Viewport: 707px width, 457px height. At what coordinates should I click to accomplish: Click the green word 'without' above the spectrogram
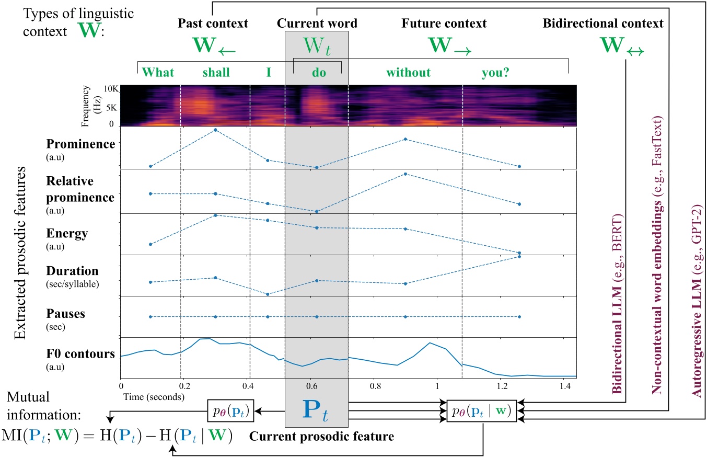409,73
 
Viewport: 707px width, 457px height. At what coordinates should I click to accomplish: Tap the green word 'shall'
216,73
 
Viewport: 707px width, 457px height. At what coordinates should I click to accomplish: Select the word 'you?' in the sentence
495,73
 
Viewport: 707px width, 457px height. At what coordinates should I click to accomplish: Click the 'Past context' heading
213,24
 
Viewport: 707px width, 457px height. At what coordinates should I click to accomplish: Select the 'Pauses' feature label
65,314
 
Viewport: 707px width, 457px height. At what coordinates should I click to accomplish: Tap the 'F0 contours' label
80,354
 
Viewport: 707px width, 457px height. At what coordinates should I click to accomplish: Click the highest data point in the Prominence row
215,130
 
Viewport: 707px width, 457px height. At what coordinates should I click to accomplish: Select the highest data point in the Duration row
519,256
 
